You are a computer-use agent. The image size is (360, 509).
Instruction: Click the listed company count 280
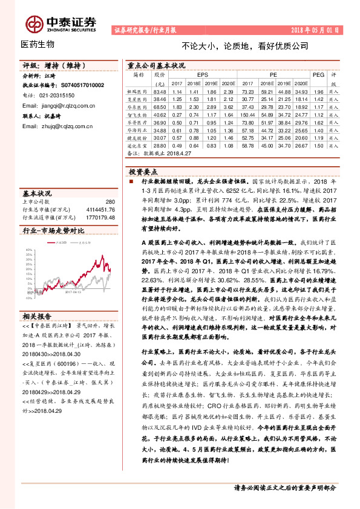click(x=110, y=202)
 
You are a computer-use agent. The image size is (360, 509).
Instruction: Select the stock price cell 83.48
click(x=159, y=91)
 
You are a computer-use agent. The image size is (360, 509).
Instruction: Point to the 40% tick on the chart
click(x=28, y=249)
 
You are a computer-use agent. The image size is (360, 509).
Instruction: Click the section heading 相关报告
click(x=38, y=316)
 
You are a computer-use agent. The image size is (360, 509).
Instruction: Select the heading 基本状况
click(x=38, y=193)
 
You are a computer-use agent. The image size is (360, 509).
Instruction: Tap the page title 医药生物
click(x=38, y=44)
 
